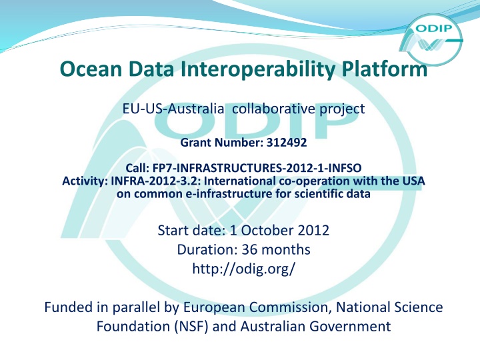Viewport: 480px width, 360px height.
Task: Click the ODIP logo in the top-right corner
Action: [431, 39]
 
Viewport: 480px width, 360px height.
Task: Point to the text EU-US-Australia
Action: [173, 109]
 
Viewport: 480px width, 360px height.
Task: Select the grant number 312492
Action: [287, 143]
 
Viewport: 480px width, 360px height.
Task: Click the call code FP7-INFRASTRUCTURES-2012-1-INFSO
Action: [257, 168]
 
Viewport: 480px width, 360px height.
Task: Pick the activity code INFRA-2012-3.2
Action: [155, 181]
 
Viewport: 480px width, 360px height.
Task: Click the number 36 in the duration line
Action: [250, 249]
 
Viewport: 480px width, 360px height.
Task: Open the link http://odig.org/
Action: [244, 269]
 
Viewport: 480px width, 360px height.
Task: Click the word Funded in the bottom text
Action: [69, 307]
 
